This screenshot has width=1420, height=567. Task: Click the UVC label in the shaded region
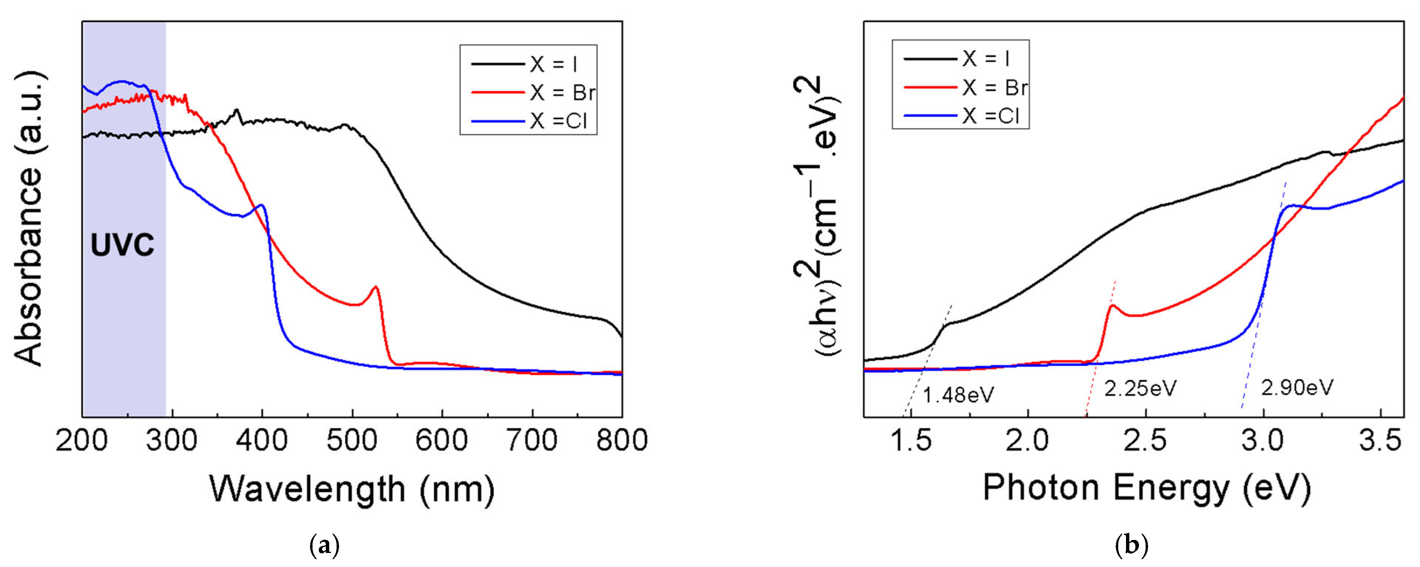(123, 245)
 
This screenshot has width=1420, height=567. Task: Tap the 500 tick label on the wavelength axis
(352, 441)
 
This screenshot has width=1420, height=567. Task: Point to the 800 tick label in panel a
(621, 441)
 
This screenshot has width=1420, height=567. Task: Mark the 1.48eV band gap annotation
(958, 395)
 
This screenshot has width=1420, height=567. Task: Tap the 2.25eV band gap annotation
(1140, 389)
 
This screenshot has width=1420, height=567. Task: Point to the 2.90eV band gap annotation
(1297, 388)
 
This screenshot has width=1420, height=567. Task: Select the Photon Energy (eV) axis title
(1147, 488)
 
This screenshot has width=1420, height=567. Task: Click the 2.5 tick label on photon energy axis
(1146, 441)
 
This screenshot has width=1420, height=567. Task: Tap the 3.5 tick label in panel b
(1380, 441)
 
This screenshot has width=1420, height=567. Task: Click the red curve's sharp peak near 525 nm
(375, 287)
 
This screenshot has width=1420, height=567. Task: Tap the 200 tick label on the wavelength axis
(83, 441)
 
